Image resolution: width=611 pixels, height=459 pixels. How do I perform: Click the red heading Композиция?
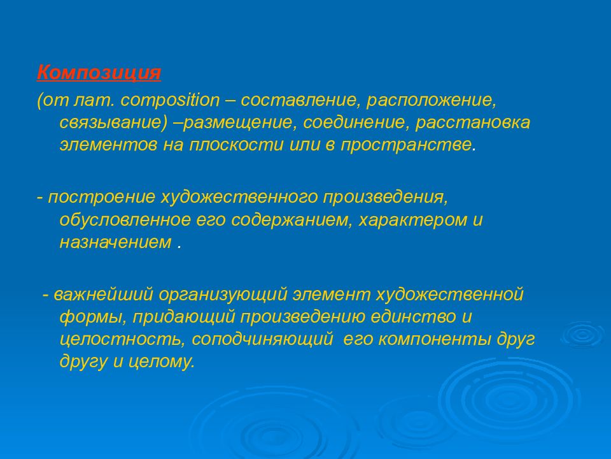click(x=99, y=73)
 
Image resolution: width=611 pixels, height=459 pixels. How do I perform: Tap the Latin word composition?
click(x=171, y=101)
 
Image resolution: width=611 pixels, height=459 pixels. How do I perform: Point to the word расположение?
click(x=431, y=101)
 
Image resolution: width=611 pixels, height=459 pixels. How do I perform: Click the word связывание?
click(x=110, y=123)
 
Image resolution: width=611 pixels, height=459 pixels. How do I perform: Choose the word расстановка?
click(x=473, y=123)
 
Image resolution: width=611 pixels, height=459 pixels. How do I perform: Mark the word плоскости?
click(x=236, y=145)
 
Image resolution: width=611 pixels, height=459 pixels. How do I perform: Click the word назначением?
click(x=115, y=242)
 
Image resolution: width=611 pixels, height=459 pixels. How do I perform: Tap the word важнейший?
click(x=104, y=295)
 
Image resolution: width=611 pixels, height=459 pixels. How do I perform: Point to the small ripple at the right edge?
click(x=582, y=334)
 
